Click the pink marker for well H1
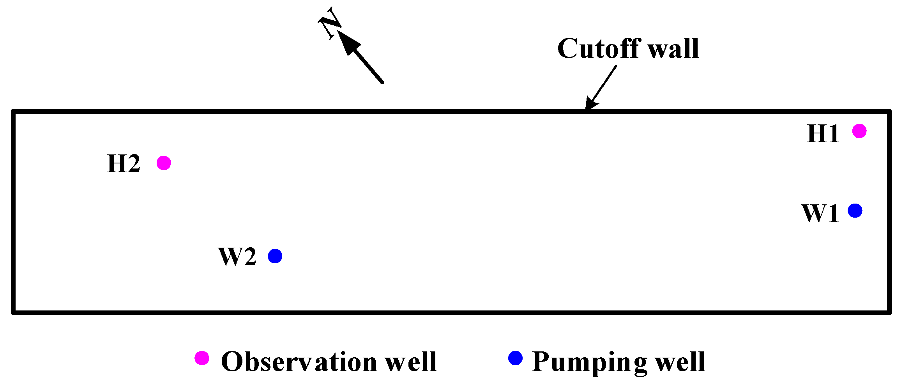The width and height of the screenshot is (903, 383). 859,131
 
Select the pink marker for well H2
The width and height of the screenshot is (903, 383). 164,163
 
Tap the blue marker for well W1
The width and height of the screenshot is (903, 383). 855,211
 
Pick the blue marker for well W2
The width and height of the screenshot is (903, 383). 275,256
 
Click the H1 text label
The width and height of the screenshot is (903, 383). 823,134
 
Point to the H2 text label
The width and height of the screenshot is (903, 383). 124,164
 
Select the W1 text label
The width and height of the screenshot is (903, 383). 820,213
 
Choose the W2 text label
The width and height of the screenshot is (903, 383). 237,257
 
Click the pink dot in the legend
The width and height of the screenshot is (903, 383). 202,358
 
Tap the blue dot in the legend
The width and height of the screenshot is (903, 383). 515,358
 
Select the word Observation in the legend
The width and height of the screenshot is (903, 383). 299,362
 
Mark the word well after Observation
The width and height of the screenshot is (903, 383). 411,362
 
